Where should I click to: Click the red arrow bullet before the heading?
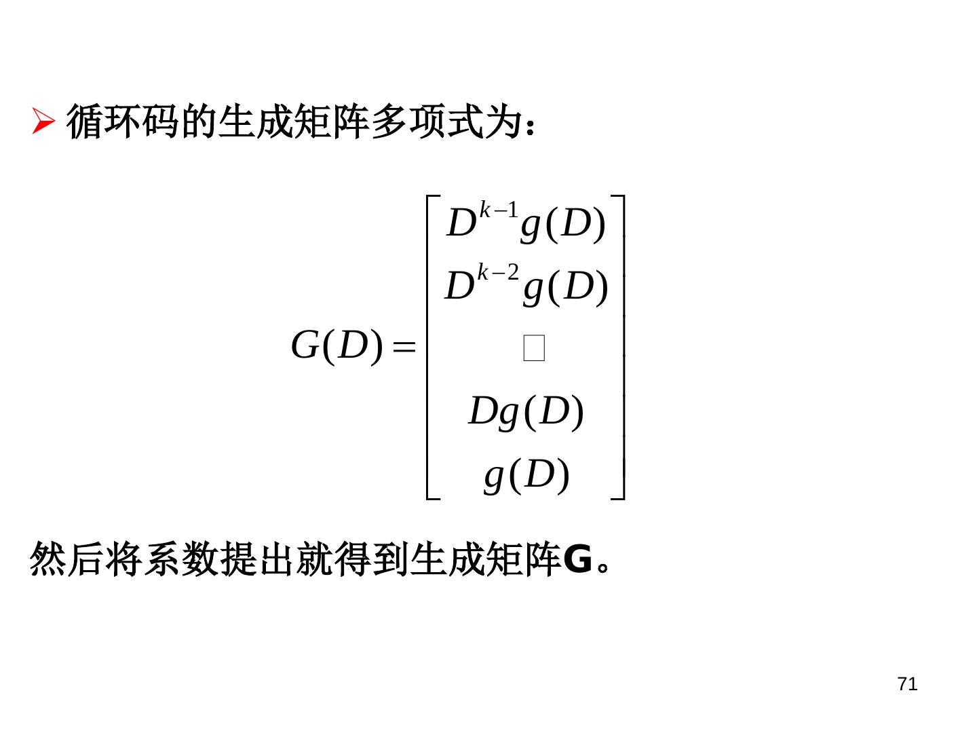[43, 123]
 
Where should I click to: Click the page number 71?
[906, 684]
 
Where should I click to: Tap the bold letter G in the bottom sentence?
[577, 561]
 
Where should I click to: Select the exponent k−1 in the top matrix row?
[499, 210]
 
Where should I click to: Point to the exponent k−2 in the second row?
[498, 272]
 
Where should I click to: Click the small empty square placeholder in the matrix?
[534, 348]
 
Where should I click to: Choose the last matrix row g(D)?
[526, 474]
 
